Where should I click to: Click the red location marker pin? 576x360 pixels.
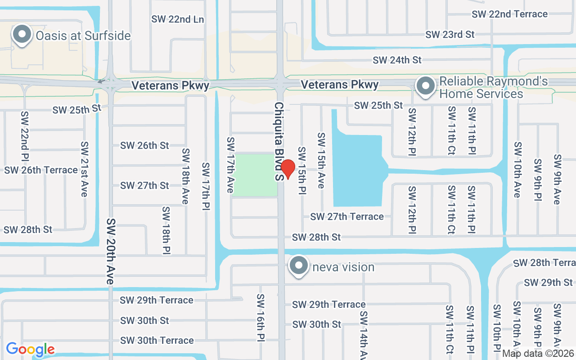click(288, 169)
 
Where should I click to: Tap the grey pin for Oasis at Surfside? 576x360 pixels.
click(21, 35)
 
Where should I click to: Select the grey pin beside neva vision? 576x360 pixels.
click(299, 265)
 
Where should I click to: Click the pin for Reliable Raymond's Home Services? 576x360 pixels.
click(425, 86)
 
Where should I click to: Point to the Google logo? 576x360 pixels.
click(30, 349)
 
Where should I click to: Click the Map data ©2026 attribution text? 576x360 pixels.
click(538, 353)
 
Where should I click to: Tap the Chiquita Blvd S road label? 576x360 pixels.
click(279, 141)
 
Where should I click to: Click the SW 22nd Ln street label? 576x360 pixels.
click(177, 19)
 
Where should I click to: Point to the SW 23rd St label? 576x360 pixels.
click(450, 35)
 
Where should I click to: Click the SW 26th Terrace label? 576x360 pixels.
click(41, 170)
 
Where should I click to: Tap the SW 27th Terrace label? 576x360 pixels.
click(347, 216)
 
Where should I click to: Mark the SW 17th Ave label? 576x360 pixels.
click(230, 165)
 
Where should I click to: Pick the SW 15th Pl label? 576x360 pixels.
click(301, 171)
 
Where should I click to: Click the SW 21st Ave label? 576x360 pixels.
click(84, 169)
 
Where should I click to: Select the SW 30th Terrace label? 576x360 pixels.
click(157, 340)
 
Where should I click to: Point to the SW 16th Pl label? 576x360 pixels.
click(261, 317)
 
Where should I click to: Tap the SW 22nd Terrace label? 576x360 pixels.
click(509, 14)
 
